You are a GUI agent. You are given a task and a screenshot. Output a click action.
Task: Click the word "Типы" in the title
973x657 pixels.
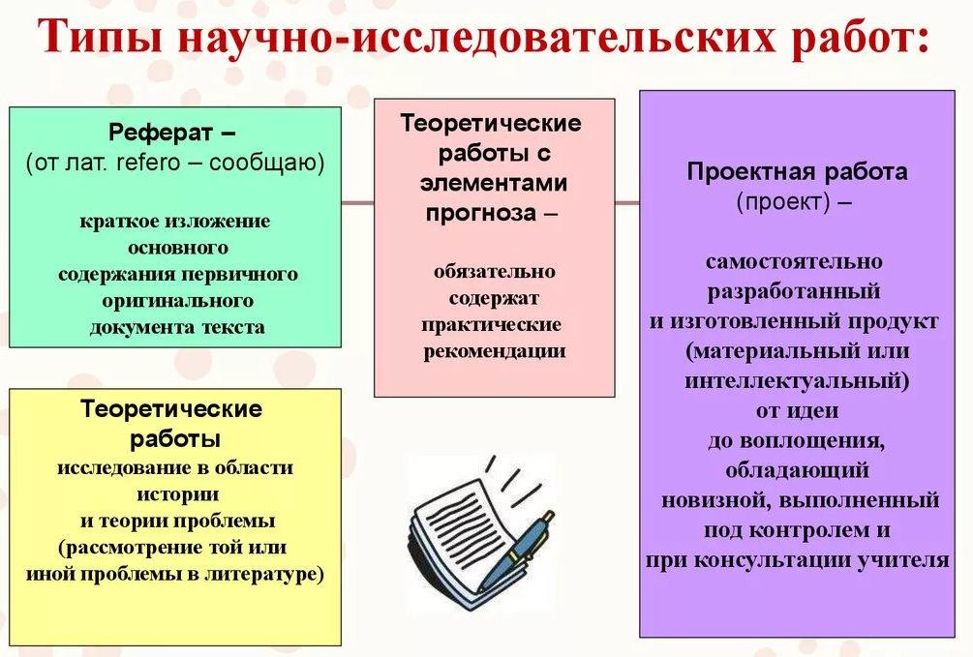(x=100, y=37)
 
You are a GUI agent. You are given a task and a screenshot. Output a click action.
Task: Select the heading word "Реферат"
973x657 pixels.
(x=161, y=133)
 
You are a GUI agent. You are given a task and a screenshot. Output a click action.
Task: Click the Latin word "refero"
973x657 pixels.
(x=148, y=163)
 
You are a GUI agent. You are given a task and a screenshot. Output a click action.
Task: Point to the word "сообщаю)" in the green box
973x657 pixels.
(x=267, y=164)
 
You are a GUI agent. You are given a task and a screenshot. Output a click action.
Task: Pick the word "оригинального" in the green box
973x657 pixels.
(x=177, y=301)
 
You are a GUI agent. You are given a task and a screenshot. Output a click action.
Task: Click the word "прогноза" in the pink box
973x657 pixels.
(x=481, y=213)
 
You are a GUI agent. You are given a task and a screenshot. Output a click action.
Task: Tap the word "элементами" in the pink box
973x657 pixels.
(x=494, y=183)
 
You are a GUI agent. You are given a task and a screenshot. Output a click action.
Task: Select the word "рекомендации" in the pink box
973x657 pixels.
(x=495, y=351)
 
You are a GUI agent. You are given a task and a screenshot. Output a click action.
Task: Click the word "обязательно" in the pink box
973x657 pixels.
(x=495, y=272)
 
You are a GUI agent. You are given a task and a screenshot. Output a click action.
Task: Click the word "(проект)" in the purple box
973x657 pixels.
(x=783, y=201)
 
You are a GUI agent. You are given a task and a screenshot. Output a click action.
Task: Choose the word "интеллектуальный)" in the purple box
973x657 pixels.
(x=798, y=380)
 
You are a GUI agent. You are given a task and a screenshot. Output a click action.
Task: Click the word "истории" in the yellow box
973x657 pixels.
(x=177, y=494)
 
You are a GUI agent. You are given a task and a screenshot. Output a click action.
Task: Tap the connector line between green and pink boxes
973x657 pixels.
(x=357, y=202)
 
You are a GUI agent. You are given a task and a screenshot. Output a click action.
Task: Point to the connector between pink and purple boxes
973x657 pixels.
(x=627, y=202)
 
